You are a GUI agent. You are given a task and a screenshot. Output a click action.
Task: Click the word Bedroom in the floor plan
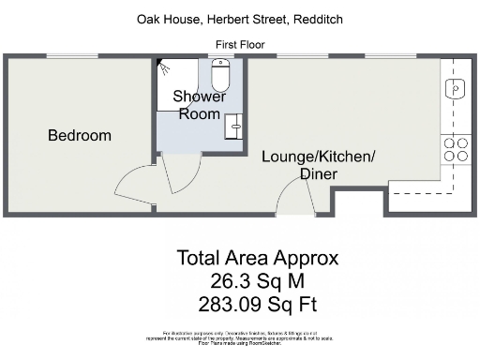click(80, 136)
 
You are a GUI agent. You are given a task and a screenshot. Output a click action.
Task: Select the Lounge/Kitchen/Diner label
click(319, 165)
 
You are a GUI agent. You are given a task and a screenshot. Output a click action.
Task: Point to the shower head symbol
click(166, 67)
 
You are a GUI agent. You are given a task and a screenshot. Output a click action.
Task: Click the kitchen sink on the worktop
click(456, 90)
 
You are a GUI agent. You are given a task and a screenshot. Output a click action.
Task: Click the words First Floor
click(241, 44)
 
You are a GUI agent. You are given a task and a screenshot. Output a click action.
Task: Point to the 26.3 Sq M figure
click(258, 280)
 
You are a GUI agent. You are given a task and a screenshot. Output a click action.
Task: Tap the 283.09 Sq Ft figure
click(258, 303)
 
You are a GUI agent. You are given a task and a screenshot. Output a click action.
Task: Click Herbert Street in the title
click(243, 19)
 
